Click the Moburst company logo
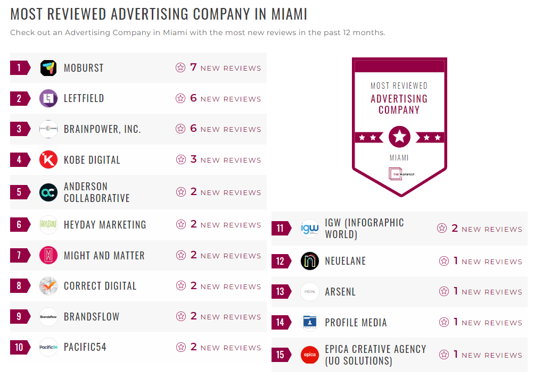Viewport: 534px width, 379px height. (x=48, y=68)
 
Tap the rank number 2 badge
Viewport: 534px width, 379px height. (x=20, y=98)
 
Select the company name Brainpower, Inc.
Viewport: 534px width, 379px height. (x=102, y=129)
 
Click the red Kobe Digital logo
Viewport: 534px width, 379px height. (x=48, y=159)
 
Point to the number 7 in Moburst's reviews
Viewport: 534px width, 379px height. (x=193, y=68)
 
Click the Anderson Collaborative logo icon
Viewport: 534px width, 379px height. (x=48, y=192)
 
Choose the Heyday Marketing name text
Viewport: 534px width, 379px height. (x=104, y=225)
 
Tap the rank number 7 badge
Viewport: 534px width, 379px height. (x=20, y=255)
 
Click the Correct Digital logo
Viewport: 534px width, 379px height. (x=48, y=286)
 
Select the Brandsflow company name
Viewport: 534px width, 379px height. (x=92, y=317)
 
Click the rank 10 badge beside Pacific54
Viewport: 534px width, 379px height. (x=20, y=347)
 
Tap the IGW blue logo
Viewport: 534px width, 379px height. (x=309, y=229)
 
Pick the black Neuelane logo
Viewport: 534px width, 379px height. (x=309, y=261)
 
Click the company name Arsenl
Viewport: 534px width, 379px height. (x=340, y=292)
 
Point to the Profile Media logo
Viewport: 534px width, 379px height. (x=309, y=322)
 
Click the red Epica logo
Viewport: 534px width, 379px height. (x=309, y=355)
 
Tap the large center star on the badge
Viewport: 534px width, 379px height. (x=399, y=137)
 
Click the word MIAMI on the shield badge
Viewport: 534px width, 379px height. (x=399, y=158)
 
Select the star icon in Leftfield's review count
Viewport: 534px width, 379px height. (x=180, y=98)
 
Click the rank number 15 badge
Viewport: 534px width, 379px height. (x=281, y=355)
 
